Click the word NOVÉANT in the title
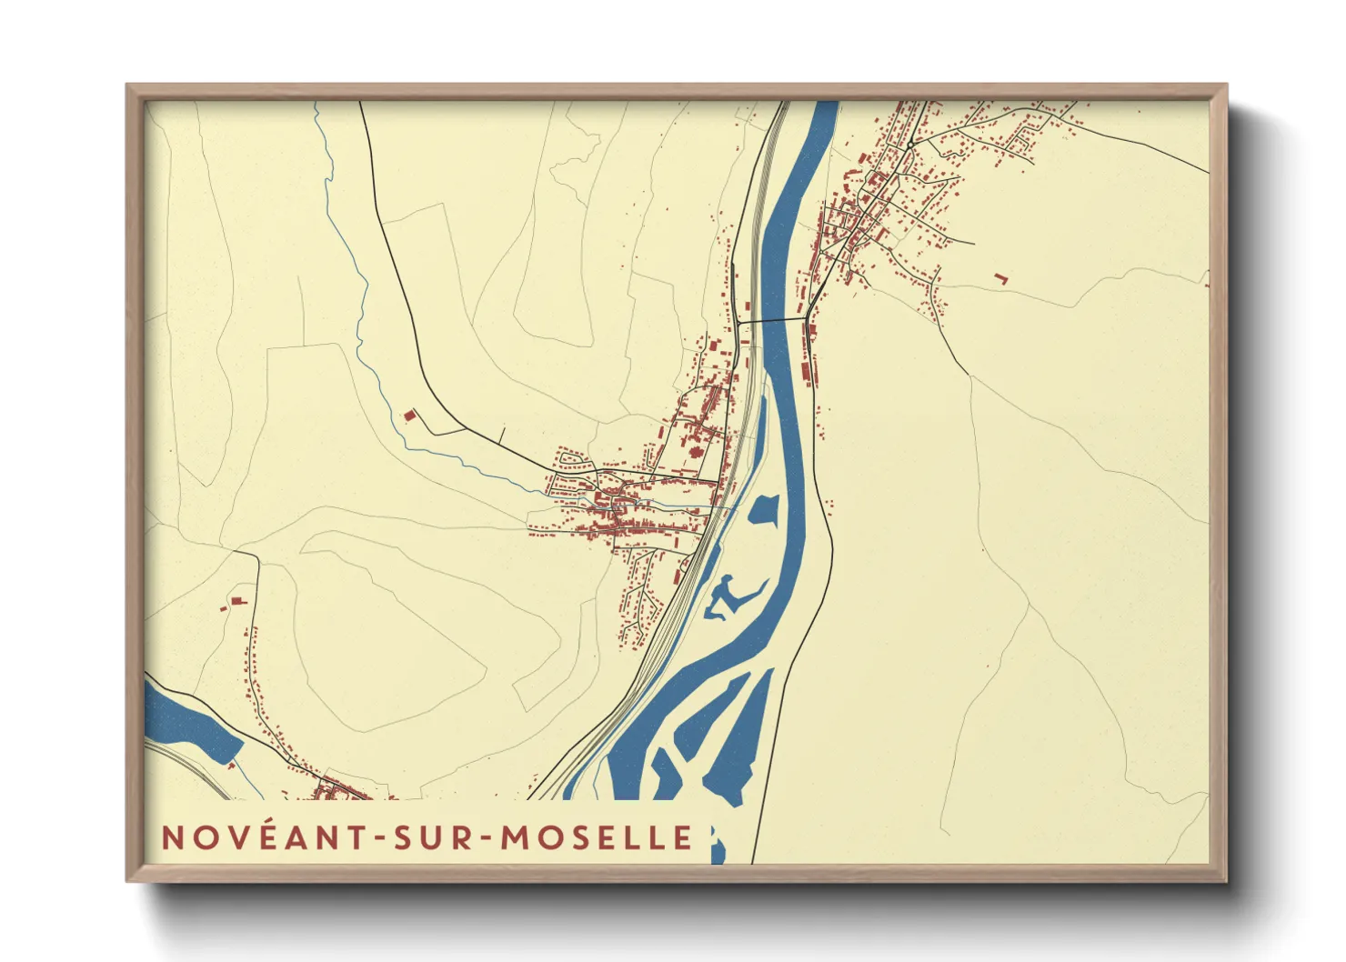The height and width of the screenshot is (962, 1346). pos(264,837)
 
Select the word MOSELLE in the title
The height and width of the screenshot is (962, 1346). pos(597,837)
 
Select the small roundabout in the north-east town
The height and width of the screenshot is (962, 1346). pos(909,145)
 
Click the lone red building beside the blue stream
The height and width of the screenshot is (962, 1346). pos(409,416)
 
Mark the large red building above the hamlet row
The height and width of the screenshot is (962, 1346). pos(239,600)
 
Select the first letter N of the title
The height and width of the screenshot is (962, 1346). pos(170,837)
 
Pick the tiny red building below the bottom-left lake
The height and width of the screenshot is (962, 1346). pos(231,766)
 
